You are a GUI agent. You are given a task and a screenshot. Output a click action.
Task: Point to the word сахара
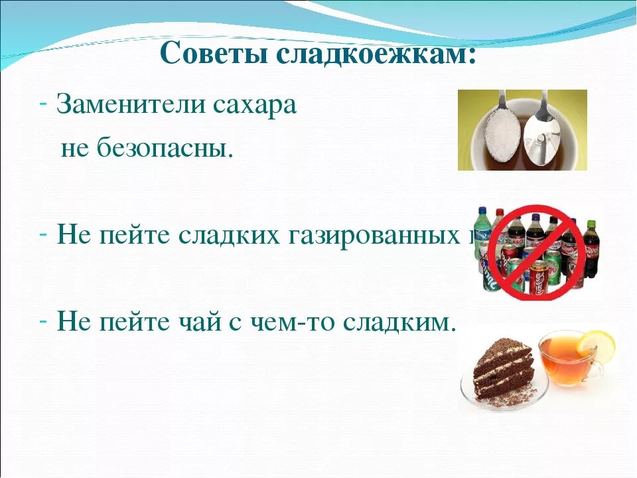(x=255, y=105)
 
